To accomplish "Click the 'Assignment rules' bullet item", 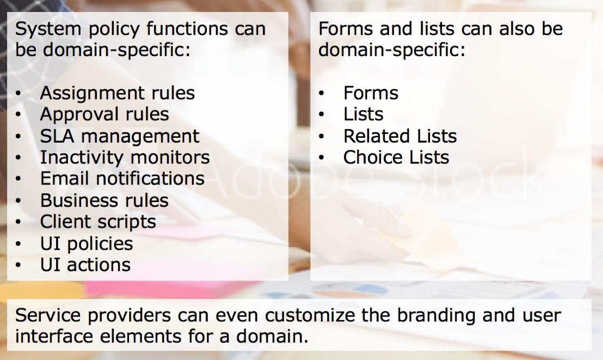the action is click(x=118, y=94).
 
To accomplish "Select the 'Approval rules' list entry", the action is click(x=104, y=115).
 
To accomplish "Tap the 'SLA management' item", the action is click(x=120, y=136).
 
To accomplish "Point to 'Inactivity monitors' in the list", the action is click(x=125, y=157).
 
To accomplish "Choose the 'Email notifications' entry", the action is click(x=122, y=179).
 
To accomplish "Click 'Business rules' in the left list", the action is click(x=104, y=200).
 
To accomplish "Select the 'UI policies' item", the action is click(x=87, y=244).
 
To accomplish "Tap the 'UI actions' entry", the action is click(x=85, y=265).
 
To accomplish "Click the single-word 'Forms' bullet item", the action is click(x=371, y=93).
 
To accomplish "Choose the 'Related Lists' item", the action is click(x=400, y=136).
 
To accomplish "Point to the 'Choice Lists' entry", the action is click(x=396, y=157).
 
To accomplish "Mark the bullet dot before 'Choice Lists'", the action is click(x=322, y=158).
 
